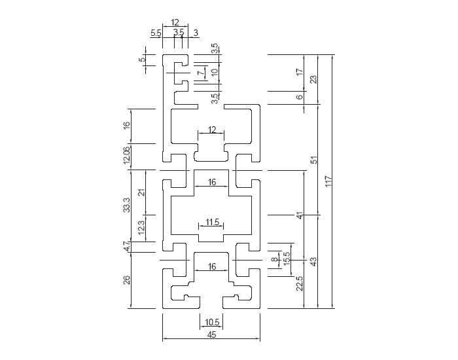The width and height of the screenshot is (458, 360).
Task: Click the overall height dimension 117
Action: pyautogui.click(x=328, y=181)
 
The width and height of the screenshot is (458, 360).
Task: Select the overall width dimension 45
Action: pyautogui.click(x=211, y=334)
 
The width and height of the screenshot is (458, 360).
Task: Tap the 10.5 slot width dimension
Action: pyautogui.click(x=212, y=322)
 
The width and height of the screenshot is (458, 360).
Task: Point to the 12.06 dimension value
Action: pyautogui.click(x=127, y=155)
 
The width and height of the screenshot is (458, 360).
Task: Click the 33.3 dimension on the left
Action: pyautogui.click(x=127, y=205)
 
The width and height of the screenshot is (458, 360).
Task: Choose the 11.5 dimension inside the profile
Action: pyautogui.click(x=212, y=223)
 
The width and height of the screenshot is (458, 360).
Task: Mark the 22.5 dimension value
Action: pyautogui.click(x=300, y=283)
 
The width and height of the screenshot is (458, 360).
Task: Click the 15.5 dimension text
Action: pyautogui.click(x=287, y=259)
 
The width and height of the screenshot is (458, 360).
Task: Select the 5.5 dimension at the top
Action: pyautogui.click(x=156, y=33)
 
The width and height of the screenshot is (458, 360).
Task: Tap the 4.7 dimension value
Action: pyautogui.click(x=127, y=246)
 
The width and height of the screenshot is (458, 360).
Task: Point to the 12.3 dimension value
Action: pyautogui.click(x=141, y=228)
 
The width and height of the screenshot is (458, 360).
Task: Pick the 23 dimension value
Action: pyautogui.click(x=313, y=79)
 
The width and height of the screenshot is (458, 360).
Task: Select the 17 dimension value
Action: pyautogui.click(x=300, y=72)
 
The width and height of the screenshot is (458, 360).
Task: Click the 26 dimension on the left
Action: pyautogui.click(x=127, y=280)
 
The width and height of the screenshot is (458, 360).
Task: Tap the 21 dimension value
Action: pyautogui.click(x=141, y=192)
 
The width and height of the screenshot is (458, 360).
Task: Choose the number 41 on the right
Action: pyautogui.click(x=300, y=215)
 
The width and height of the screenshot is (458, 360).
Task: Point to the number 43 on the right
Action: pyautogui.click(x=313, y=261)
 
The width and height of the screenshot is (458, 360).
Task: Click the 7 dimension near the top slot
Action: pyautogui.click(x=202, y=73)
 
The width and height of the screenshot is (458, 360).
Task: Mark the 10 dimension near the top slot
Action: pyautogui.click(x=215, y=72)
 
